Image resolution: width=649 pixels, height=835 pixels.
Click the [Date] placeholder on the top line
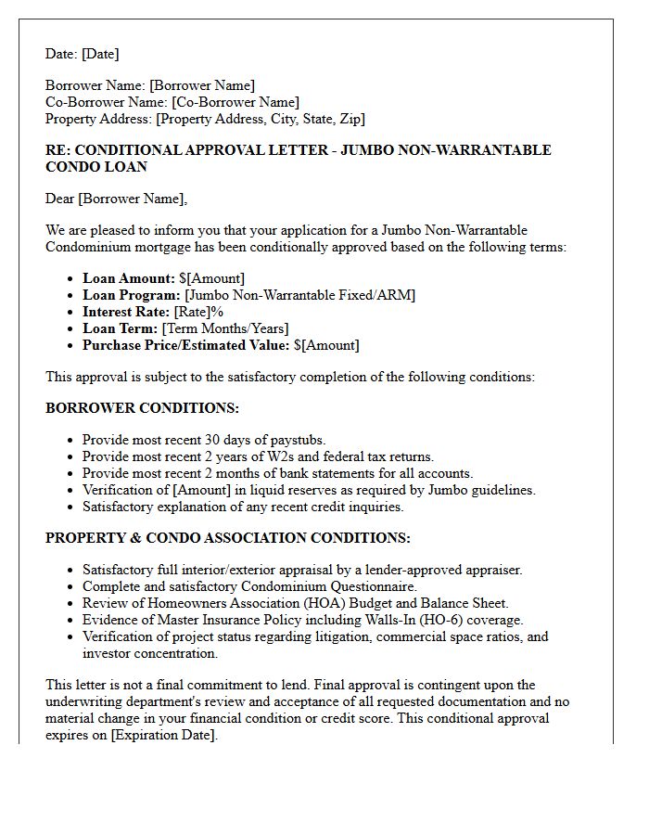(100, 54)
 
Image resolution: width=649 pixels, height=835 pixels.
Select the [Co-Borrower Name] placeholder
(235, 102)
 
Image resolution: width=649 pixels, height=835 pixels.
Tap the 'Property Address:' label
(99, 119)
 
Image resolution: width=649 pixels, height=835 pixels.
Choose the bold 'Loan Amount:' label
(129, 278)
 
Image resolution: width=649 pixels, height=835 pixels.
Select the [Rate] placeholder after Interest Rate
(192, 312)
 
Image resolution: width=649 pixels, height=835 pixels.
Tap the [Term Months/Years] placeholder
(225, 328)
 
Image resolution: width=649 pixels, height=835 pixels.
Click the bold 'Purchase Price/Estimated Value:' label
(185, 345)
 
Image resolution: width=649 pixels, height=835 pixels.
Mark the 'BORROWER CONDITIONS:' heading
(142, 408)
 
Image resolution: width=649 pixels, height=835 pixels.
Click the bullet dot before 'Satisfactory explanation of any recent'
(70, 507)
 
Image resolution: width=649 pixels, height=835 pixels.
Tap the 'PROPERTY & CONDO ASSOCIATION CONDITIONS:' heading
(228, 538)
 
